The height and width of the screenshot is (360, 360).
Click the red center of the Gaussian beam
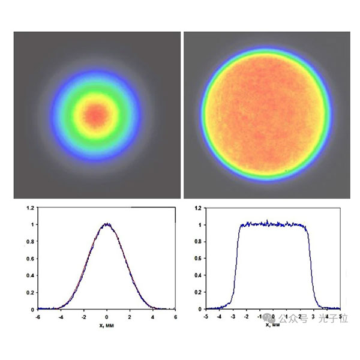(96, 113)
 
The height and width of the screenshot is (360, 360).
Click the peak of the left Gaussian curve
(107, 224)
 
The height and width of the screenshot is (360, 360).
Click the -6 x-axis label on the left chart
(38, 316)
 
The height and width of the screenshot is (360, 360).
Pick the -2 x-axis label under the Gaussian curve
(84, 316)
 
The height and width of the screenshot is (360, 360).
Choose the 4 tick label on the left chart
(152, 316)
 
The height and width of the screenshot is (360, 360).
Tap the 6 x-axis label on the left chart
(175, 316)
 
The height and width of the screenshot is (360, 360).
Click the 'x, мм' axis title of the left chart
(106, 324)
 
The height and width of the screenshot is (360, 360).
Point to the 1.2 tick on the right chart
(198, 208)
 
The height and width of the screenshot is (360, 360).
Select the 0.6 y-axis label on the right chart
(198, 259)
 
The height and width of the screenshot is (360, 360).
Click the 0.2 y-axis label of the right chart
(198, 292)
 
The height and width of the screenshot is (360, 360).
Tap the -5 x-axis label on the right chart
(206, 316)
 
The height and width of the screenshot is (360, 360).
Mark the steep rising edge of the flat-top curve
(236, 264)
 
